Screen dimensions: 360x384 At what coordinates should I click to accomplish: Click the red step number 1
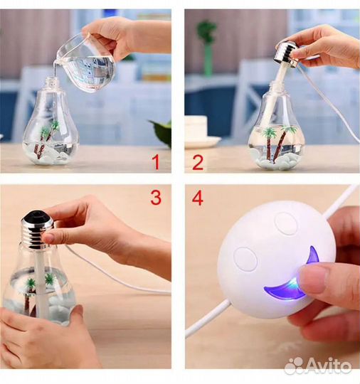tap(156, 162)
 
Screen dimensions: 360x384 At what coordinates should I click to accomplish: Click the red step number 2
tap(198, 162)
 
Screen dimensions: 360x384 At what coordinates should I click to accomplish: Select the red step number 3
tap(156, 198)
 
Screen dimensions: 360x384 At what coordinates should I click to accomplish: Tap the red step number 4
tap(198, 198)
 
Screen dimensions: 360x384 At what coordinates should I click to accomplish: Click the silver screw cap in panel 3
tap(37, 228)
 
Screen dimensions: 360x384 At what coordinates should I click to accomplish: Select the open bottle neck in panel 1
tap(52, 82)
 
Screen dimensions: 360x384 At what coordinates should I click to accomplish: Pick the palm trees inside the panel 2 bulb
tap(279, 143)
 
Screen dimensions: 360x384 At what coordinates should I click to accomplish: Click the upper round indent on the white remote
tap(286, 223)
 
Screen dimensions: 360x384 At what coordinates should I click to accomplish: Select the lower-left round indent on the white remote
tap(245, 259)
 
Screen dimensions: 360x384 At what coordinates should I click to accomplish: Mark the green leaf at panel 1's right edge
tap(161, 132)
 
